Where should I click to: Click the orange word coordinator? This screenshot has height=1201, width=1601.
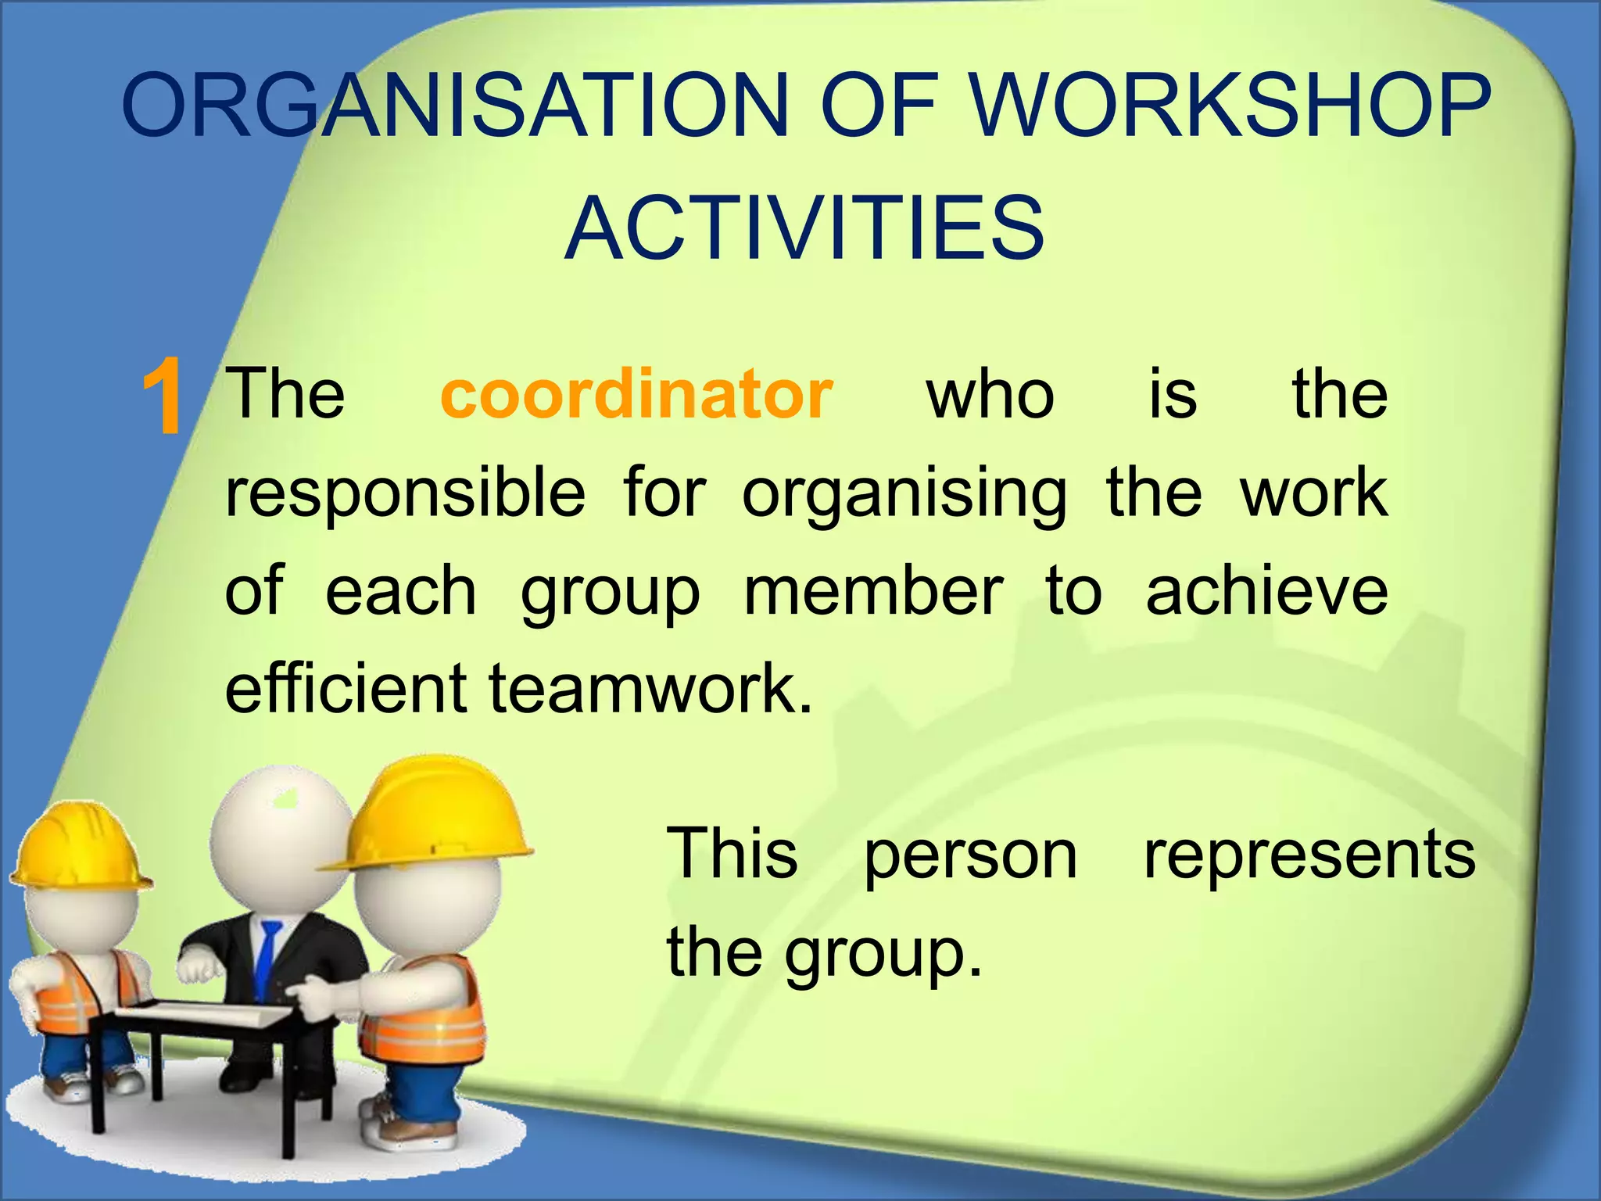pos(636,395)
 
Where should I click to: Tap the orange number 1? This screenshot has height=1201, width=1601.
pos(163,396)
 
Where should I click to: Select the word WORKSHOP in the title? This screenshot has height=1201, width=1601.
pos(1231,106)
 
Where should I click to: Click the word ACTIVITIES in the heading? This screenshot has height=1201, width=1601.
pos(804,228)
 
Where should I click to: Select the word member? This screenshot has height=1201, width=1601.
pos(873,592)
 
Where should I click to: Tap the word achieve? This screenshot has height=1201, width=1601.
pos(1266,592)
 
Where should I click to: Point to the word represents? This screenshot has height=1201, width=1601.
pos(1309,854)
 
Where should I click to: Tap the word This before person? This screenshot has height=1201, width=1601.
pos(732,854)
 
